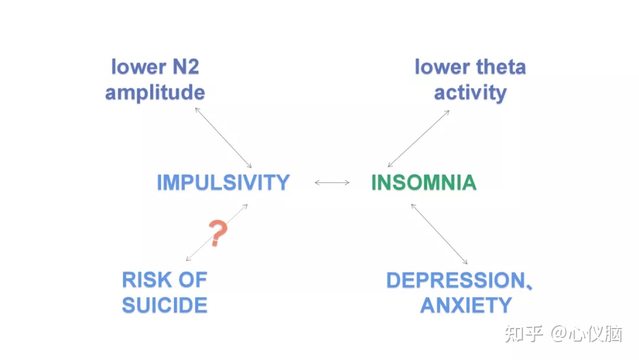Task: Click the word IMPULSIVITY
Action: (223, 182)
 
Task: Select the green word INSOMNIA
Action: (424, 182)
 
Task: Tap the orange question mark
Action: (218, 233)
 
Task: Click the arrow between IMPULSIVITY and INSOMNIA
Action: (332, 183)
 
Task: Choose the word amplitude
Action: (155, 92)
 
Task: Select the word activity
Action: (470, 92)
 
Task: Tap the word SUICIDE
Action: (164, 306)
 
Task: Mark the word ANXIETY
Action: (466, 306)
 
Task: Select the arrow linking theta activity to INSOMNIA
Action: (418, 139)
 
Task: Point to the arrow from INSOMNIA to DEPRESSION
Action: (439, 234)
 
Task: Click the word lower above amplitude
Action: (137, 67)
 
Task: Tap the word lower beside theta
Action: (440, 67)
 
